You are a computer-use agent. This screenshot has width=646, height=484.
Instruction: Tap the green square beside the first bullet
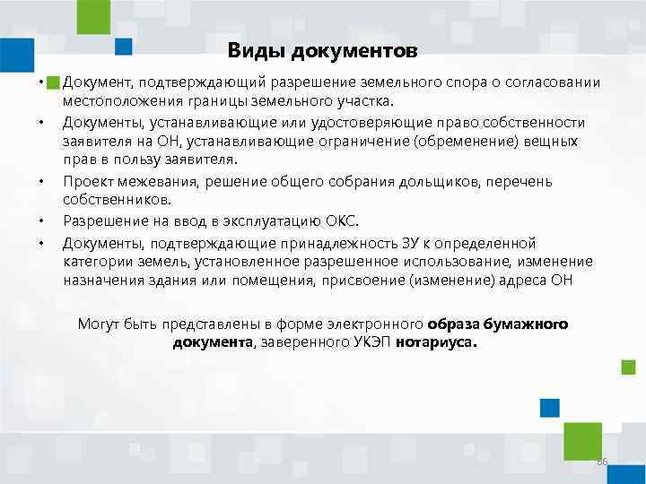[x=53, y=82]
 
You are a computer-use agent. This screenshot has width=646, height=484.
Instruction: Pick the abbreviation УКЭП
[x=365, y=342]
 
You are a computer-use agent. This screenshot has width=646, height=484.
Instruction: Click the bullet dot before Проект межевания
[x=41, y=181]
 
